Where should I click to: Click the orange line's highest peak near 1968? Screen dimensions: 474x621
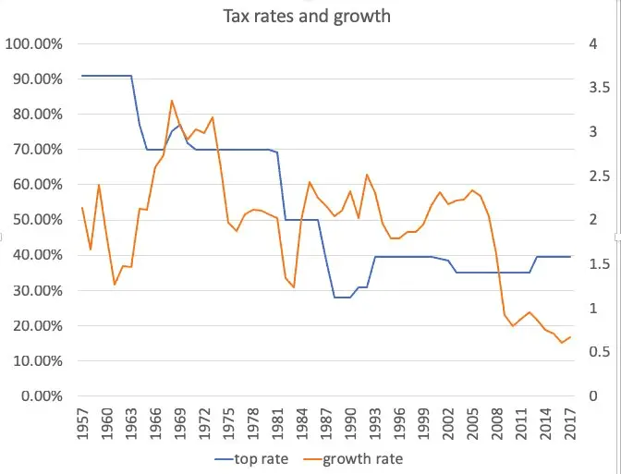click(172, 100)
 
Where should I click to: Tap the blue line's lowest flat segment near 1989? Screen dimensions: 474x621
click(342, 298)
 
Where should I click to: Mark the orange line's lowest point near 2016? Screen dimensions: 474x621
click(562, 343)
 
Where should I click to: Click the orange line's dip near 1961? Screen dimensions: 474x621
click(115, 285)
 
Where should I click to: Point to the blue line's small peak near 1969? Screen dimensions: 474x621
click(180, 124)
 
